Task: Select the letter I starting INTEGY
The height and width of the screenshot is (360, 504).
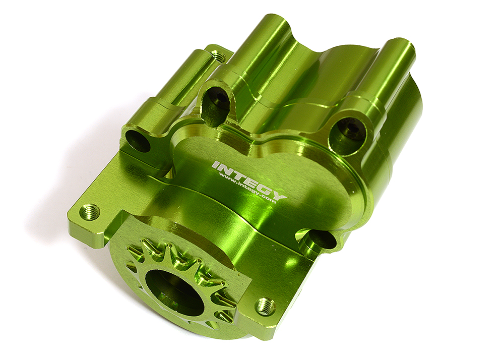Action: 216,164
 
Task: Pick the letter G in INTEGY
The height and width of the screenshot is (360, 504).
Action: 268,189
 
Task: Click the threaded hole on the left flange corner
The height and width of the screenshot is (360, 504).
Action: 90,212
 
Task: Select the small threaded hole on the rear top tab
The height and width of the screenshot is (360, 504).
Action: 218,56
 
